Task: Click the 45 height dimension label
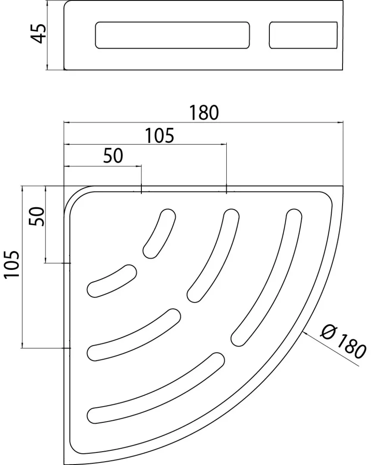(x=39, y=34)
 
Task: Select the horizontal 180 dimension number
(x=204, y=113)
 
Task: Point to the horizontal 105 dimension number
(x=159, y=136)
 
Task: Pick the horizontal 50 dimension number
(x=113, y=156)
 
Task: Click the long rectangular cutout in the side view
(x=172, y=35)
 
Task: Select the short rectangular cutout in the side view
(x=303, y=35)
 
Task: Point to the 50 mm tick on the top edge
(x=141, y=189)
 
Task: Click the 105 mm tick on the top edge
(x=227, y=189)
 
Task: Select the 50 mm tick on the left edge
(x=67, y=263)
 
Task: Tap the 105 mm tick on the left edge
(x=67, y=348)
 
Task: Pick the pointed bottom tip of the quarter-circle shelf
(x=64, y=464)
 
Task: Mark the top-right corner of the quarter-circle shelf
(x=343, y=186)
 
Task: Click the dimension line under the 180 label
(x=204, y=122)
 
